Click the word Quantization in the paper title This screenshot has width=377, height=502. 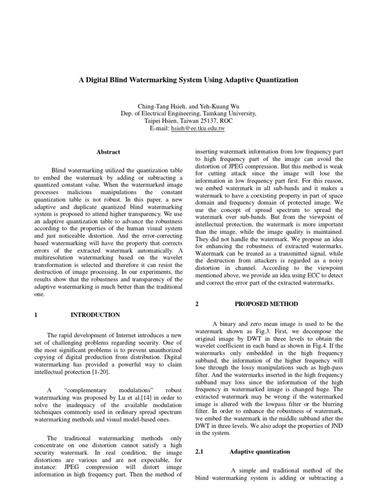click(x=273, y=79)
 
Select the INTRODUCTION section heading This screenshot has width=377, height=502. click(x=95, y=315)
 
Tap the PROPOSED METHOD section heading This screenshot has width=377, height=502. click(x=266, y=304)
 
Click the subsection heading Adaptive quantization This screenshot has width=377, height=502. click(x=260, y=452)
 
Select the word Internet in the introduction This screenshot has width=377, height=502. click(x=124, y=334)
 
